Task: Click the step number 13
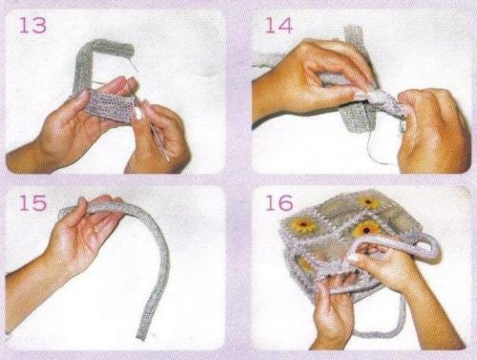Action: (32, 26)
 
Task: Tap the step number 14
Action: (279, 26)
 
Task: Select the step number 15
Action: (32, 202)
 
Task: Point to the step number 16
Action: (279, 202)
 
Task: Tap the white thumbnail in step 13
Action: (137, 112)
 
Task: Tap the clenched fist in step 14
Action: (433, 131)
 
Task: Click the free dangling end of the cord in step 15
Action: (142, 334)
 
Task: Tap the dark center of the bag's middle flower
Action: (366, 229)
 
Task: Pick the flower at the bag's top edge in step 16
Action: (369, 202)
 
